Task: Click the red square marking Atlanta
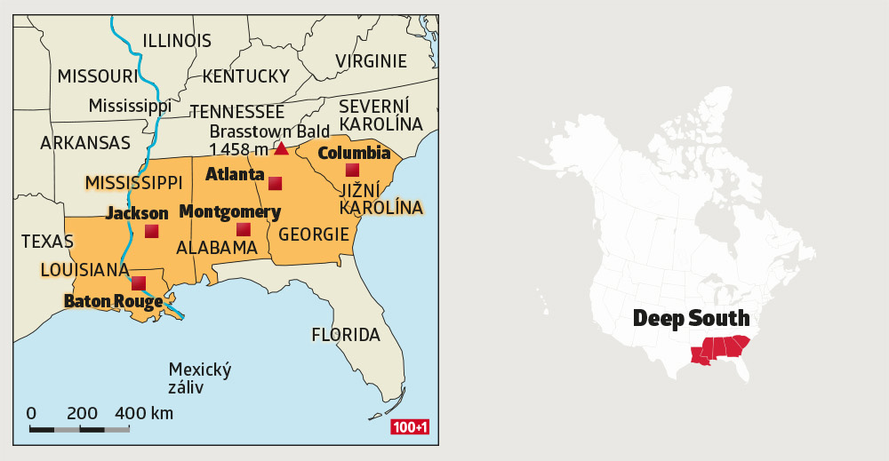pos(275,184)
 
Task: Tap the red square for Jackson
pos(151,231)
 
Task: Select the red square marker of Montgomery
pos(243,229)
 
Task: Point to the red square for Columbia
pos(352,170)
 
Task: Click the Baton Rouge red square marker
pos(139,283)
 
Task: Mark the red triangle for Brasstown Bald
pos(281,148)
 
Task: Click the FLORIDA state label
pos(345,335)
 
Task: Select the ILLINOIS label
pos(177,41)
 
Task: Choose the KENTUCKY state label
pos(245,76)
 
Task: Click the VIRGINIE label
pos(371,61)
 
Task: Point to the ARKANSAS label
pos(85,142)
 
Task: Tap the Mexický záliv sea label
pos(199,378)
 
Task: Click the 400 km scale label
pos(144,413)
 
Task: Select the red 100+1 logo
pos(410,428)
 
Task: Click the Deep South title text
pos(691,318)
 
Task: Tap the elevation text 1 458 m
pos(238,149)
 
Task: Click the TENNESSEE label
pos(236,112)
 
